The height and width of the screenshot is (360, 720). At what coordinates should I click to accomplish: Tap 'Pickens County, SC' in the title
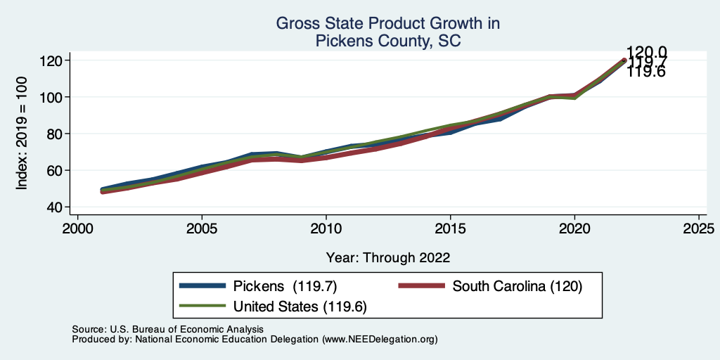coord(388,41)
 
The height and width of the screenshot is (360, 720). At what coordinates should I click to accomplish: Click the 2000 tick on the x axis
coord(77,229)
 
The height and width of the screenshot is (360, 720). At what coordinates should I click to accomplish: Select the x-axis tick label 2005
coord(202,229)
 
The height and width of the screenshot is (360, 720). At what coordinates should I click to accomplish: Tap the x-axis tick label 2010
coord(326,229)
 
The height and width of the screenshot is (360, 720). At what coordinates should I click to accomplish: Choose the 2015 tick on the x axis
coord(451,229)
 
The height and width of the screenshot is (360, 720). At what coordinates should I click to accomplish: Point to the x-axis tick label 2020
coord(575,229)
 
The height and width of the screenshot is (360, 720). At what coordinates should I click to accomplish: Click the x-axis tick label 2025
coord(700,229)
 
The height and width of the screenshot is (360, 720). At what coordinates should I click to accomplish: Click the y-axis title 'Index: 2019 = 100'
coord(22,134)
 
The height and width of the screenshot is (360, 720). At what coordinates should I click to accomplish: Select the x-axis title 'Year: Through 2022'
coord(388,257)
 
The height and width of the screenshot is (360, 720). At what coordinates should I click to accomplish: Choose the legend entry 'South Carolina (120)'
coord(517,286)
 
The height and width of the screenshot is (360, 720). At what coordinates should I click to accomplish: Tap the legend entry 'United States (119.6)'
coord(300,307)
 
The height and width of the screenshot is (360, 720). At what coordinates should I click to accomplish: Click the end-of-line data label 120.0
coord(646,52)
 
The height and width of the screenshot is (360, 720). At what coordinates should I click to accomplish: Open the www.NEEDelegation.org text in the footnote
coord(379,340)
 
